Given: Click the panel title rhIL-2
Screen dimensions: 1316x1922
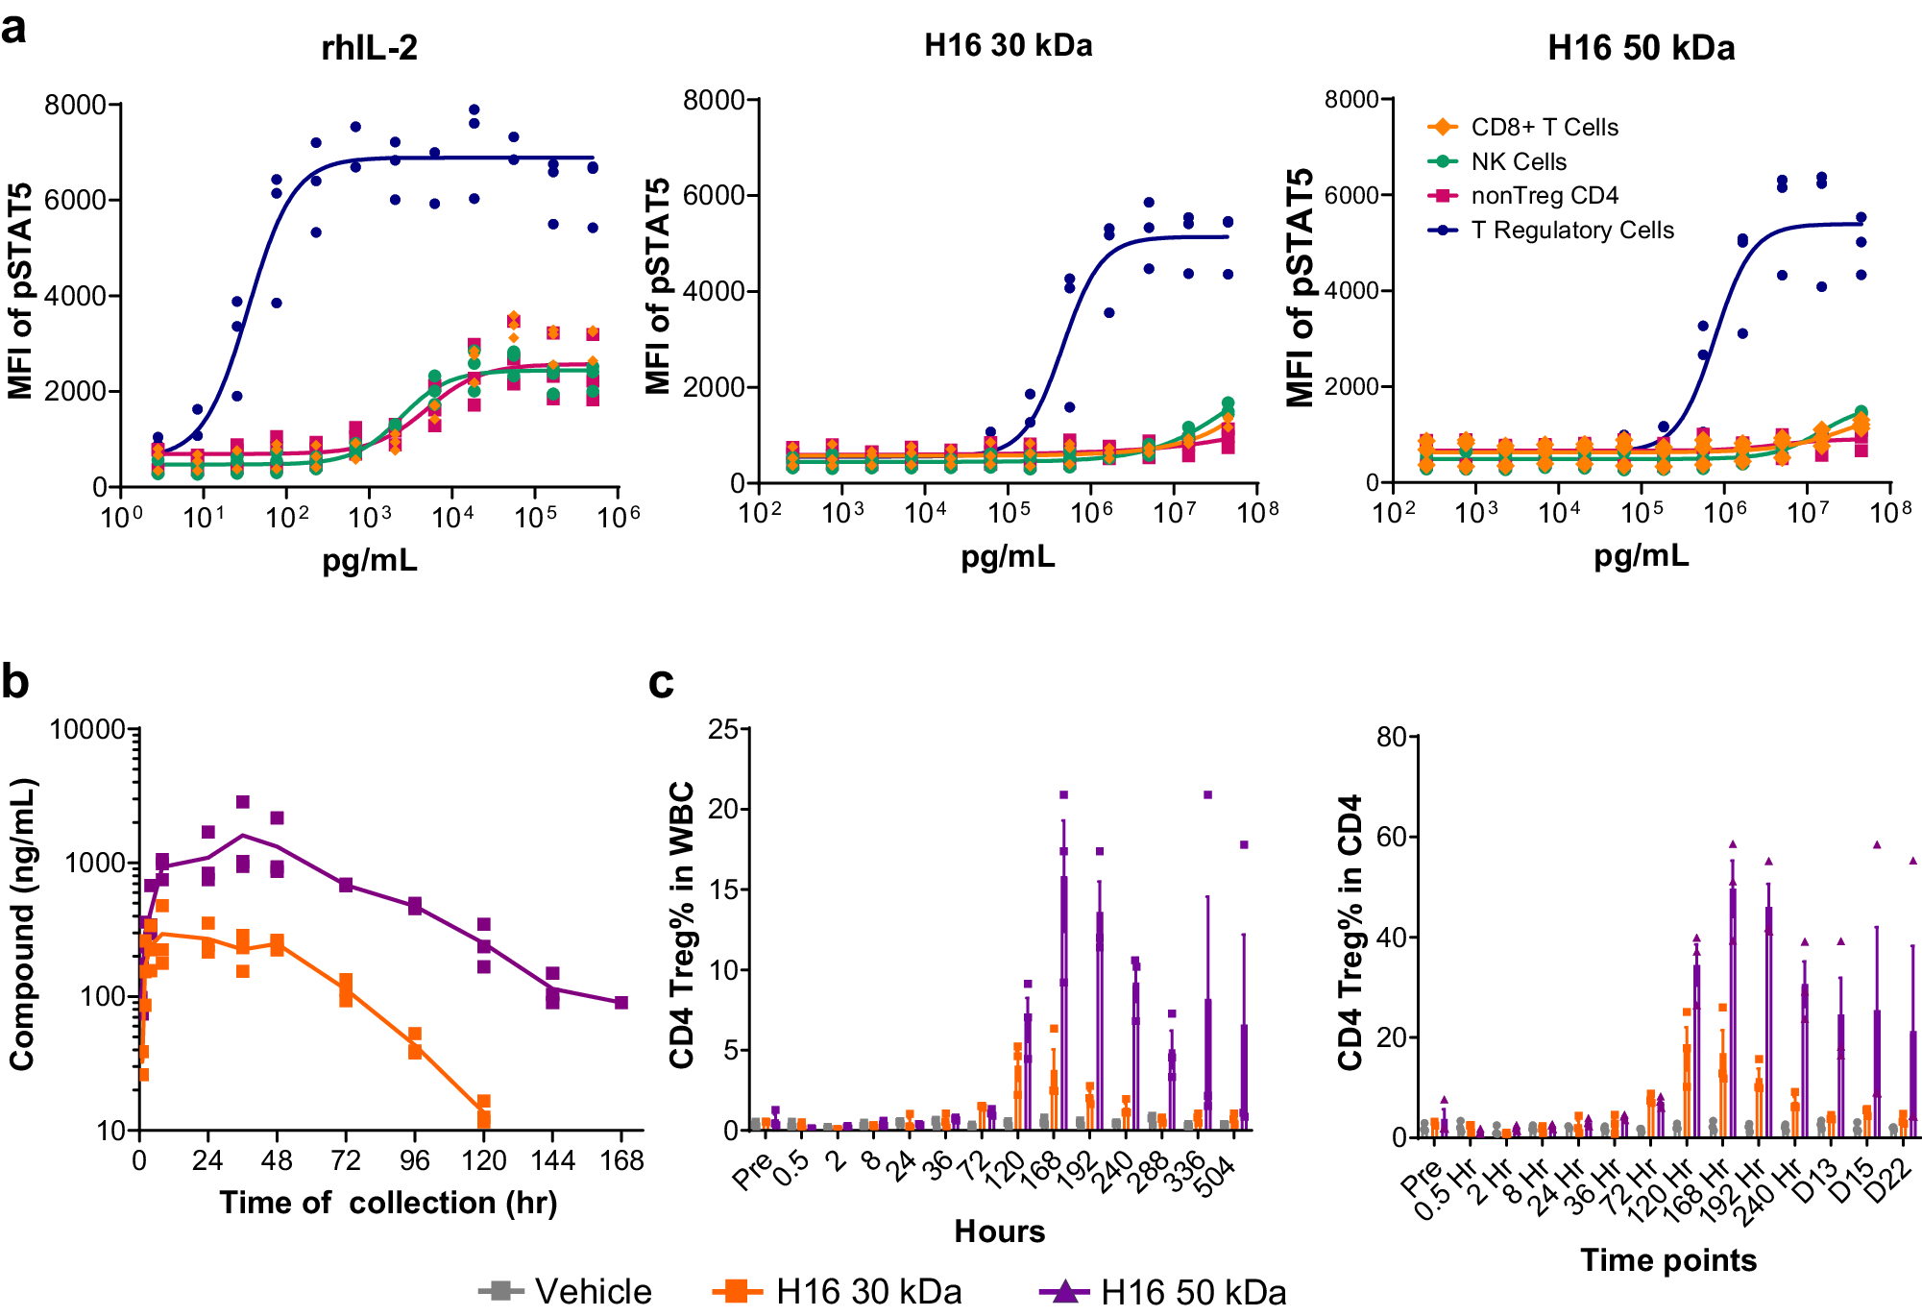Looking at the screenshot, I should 369,48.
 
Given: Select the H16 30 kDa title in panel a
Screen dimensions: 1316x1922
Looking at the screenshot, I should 1008,46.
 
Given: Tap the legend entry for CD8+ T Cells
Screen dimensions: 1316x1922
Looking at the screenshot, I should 1544,127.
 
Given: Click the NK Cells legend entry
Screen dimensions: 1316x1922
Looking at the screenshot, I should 1518,161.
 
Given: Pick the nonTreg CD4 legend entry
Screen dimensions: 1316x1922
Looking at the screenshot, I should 1544,196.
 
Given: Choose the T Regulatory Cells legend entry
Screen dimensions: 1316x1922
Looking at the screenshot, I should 1571,231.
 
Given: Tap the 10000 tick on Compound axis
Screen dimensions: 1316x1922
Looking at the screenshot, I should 86,729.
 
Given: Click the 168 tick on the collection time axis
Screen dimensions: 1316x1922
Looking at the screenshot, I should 621,1161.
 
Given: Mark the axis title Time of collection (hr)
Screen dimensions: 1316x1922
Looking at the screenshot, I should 388,1203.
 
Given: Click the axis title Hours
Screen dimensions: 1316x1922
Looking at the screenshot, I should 999,1231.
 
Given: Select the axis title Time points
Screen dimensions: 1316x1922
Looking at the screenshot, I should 1668,1260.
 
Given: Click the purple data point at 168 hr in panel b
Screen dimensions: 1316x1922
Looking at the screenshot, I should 621,1003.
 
